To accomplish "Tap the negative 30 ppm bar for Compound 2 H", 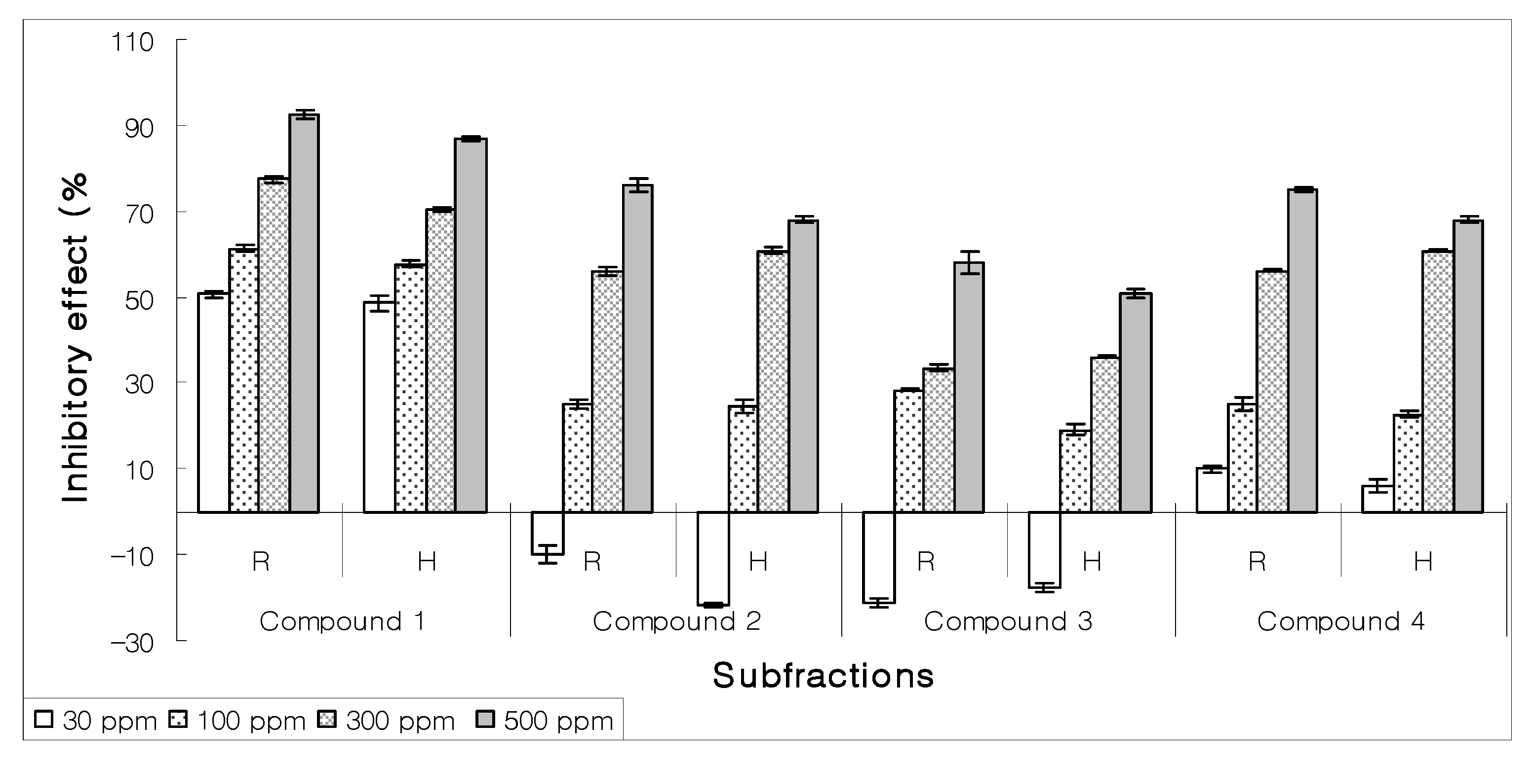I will (712, 558).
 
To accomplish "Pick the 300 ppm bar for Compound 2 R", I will (607, 392).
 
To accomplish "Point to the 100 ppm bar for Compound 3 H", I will (1075, 471).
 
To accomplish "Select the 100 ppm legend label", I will (251, 721).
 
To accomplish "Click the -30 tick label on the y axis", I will (132, 643).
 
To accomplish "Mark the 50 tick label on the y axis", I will (139, 300).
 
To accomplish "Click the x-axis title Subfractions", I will (823, 675).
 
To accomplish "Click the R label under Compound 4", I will (1256, 561).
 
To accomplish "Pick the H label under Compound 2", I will (758, 561).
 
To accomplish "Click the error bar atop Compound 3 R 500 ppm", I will (969, 262).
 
